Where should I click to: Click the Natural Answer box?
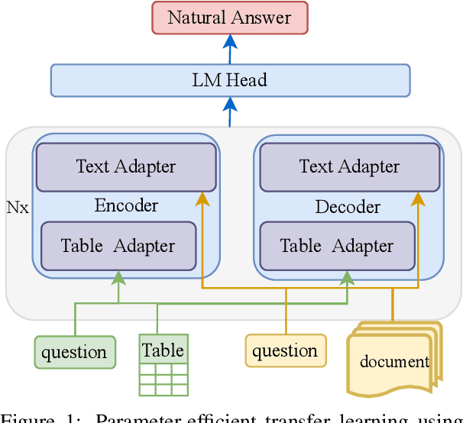click(x=230, y=18)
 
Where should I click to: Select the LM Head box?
click(x=230, y=79)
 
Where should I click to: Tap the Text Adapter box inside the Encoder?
click(x=125, y=166)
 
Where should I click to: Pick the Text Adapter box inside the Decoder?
click(x=349, y=166)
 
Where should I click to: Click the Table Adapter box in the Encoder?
click(x=118, y=246)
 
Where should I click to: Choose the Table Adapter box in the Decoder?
click(x=337, y=246)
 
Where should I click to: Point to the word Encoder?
click(x=126, y=205)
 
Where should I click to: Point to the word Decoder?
click(x=348, y=207)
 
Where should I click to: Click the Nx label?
click(x=18, y=207)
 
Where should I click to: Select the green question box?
click(x=75, y=352)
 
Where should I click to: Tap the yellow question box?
click(x=285, y=350)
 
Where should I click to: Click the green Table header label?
click(x=164, y=350)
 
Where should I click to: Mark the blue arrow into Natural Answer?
click(x=230, y=48)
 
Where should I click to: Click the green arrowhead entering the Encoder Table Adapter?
click(x=118, y=276)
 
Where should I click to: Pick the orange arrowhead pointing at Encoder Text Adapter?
click(x=202, y=199)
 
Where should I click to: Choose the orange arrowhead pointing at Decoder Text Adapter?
click(x=419, y=199)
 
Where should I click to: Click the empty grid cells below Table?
click(x=164, y=379)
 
